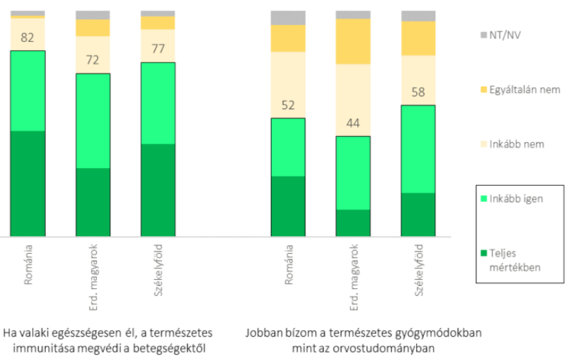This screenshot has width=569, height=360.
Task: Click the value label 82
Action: (x=27, y=37)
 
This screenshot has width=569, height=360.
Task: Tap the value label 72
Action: (x=92, y=59)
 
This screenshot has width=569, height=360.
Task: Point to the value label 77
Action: (x=158, y=48)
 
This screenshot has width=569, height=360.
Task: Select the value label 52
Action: (x=288, y=106)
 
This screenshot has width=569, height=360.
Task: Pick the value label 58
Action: (x=419, y=92)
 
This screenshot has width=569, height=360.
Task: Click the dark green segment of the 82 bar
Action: (x=27, y=183)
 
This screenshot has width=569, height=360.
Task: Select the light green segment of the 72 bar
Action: (x=92, y=121)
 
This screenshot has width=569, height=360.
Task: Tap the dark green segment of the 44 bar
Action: (x=353, y=223)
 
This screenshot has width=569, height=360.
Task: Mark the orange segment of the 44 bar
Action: (x=353, y=41)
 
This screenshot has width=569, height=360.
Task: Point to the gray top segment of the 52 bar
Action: (x=288, y=18)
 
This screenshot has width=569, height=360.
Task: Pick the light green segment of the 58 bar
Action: (x=419, y=149)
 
